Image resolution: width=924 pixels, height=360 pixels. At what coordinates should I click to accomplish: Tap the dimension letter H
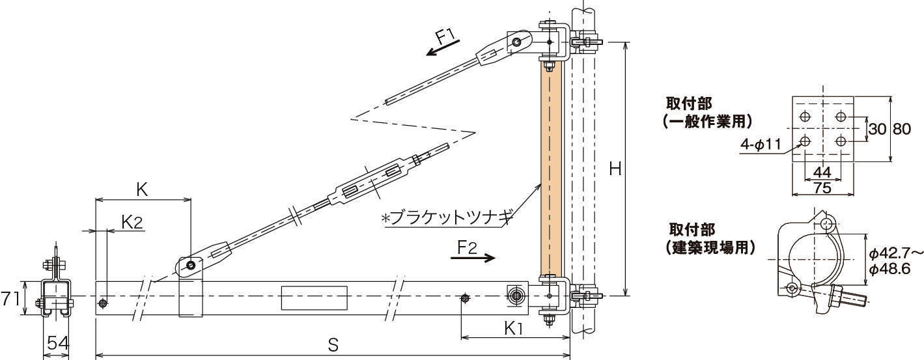pyautogui.click(x=615, y=169)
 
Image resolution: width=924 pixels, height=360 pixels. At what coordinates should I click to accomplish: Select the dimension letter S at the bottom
pyautogui.click(x=333, y=345)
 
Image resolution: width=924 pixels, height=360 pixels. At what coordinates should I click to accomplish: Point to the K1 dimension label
pyautogui.click(x=514, y=329)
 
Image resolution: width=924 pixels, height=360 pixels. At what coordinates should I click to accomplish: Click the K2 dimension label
pyautogui.click(x=132, y=222)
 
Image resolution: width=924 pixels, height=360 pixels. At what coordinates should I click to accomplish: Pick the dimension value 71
pyautogui.click(x=9, y=299)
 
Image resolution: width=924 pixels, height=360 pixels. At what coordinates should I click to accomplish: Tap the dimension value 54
pyautogui.click(x=56, y=344)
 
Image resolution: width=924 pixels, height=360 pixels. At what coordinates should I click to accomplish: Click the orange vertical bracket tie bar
pyautogui.click(x=550, y=169)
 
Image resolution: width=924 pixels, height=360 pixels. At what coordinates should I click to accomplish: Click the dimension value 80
pyautogui.click(x=902, y=130)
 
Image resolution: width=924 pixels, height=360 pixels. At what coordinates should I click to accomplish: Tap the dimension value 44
pyautogui.click(x=822, y=173)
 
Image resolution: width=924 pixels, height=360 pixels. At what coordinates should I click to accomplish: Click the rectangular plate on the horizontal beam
pyautogui.click(x=314, y=298)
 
